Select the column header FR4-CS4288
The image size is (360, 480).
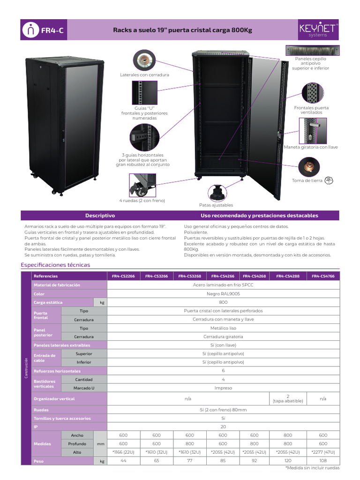click(x=287, y=276)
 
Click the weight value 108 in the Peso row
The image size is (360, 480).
click(x=323, y=461)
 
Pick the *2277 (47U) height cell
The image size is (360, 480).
click(x=323, y=452)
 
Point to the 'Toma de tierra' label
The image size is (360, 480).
click(x=307, y=180)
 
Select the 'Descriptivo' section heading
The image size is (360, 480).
click(x=100, y=216)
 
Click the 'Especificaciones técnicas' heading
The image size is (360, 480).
click(x=55, y=265)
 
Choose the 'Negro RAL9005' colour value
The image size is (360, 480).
click(x=223, y=294)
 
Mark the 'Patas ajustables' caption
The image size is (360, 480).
click(x=216, y=205)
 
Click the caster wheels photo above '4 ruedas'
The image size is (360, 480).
click(x=142, y=185)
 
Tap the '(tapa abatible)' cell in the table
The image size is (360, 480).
click(x=288, y=401)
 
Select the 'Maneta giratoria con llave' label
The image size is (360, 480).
click(x=310, y=147)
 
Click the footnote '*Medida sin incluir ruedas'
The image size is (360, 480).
click(x=312, y=468)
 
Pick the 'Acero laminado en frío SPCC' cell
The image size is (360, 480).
click(x=223, y=285)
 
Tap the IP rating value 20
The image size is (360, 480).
click(x=223, y=427)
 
